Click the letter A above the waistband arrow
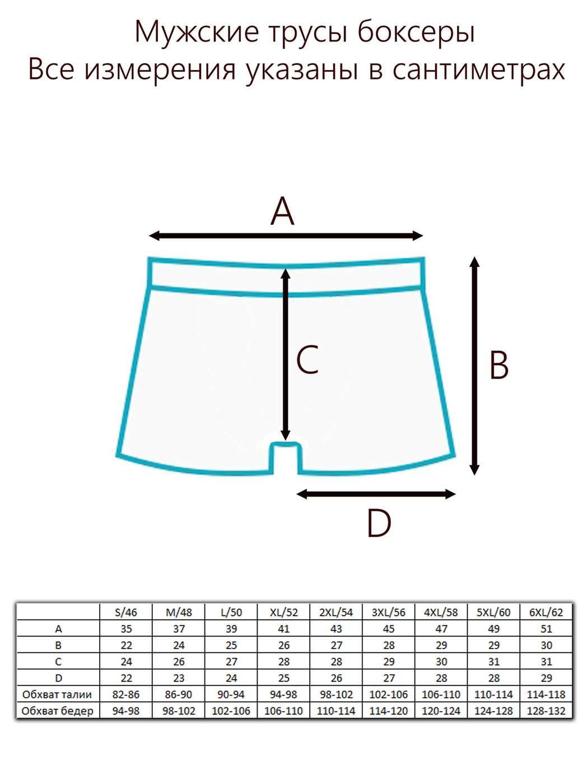click(282, 211)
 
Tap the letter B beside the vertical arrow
click(499, 365)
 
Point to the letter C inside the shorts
click(307, 360)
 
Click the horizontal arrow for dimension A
click(286, 236)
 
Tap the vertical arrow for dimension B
click(474, 366)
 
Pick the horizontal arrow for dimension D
click(376, 494)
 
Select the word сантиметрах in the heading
click(479, 70)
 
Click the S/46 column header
click(126, 613)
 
